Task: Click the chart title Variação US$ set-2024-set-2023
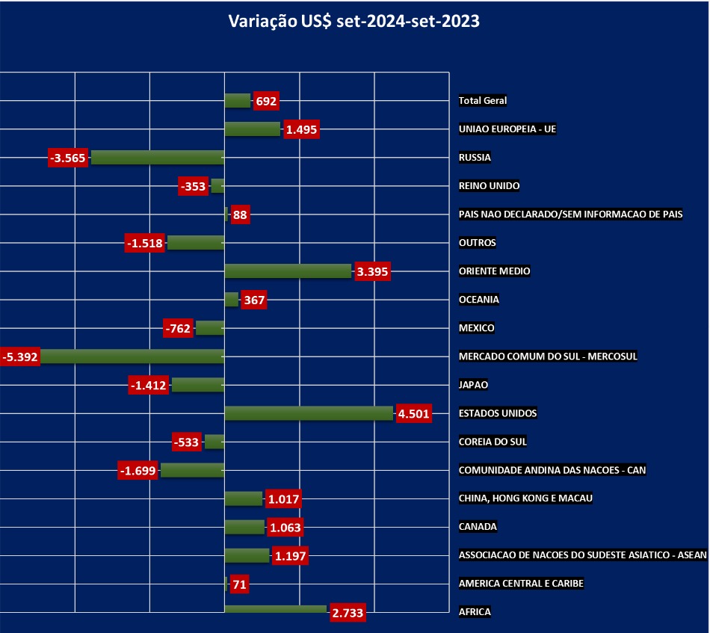click(x=354, y=22)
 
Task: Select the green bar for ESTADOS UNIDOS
click(x=309, y=413)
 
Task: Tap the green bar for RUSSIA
click(x=157, y=158)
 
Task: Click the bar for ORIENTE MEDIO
click(x=288, y=271)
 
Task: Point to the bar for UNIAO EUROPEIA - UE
click(x=252, y=129)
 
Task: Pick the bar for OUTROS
click(x=196, y=243)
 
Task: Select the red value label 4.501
click(x=414, y=414)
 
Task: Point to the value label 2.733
click(x=347, y=613)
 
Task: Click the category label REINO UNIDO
click(x=490, y=186)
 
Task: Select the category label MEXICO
click(x=477, y=328)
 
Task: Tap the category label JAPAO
click(x=473, y=385)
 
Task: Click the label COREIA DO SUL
click(x=493, y=442)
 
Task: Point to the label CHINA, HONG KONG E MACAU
click(x=526, y=498)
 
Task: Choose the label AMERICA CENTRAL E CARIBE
click(x=522, y=584)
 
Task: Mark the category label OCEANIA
click(x=479, y=300)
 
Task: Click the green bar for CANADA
click(x=244, y=527)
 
